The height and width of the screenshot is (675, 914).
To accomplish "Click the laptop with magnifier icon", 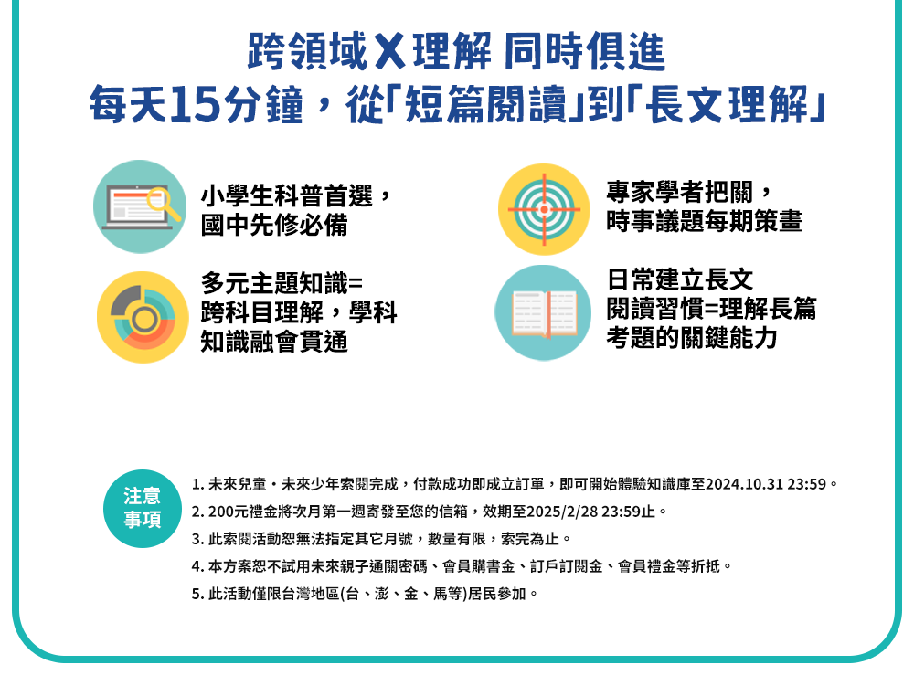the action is click(140, 206).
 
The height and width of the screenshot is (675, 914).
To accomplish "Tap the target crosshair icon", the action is click(544, 209).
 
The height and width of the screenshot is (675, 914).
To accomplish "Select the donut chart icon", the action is click(143, 318).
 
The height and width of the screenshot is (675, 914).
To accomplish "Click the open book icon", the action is click(543, 312).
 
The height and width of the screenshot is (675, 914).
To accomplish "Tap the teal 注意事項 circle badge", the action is click(143, 509).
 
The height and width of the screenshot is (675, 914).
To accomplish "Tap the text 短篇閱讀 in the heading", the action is click(485, 105).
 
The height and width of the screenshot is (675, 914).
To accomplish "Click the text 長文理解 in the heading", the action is click(727, 105).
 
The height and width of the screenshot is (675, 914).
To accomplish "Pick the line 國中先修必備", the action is click(274, 225).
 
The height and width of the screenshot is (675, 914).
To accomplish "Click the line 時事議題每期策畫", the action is click(704, 221).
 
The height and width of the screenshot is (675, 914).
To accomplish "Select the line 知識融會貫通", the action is click(274, 342).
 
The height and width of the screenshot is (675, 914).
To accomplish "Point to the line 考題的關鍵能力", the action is click(691, 338).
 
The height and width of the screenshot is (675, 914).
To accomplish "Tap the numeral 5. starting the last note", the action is click(197, 594).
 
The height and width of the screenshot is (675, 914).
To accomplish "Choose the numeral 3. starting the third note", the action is click(197, 539).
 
